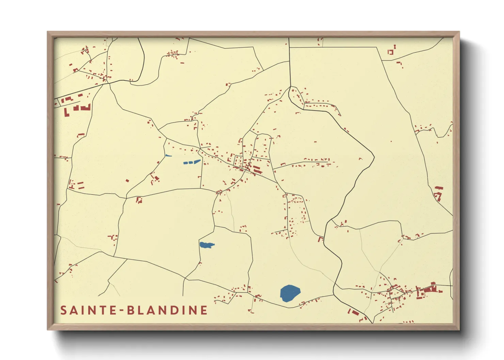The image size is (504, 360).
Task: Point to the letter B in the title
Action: [x=131, y=310]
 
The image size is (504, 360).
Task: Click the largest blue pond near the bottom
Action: [x=290, y=293]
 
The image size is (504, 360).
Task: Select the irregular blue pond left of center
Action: [x=206, y=245]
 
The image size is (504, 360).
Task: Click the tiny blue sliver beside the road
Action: [x=168, y=156]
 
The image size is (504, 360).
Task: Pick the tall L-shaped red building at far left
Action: [x=66, y=112]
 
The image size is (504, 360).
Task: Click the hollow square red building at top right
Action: [x=391, y=52]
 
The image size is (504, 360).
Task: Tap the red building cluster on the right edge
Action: [x=438, y=194]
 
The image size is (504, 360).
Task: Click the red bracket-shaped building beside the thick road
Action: [x=320, y=239]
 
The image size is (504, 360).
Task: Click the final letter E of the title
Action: [x=204, y=310]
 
